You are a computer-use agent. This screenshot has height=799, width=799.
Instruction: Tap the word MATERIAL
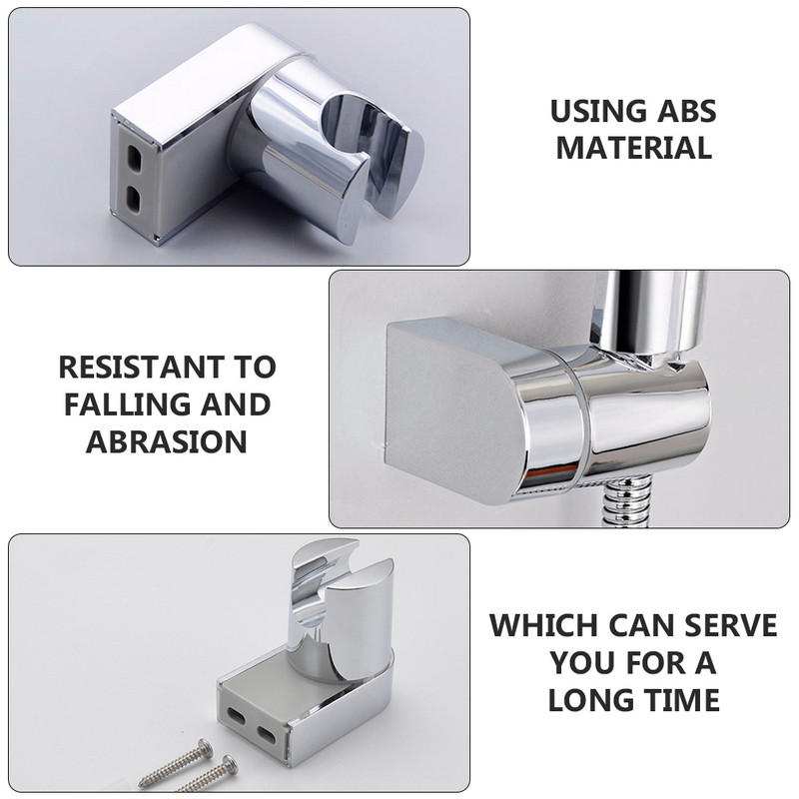click(x=634, y=148)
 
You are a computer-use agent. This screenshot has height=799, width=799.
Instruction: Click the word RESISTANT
click(x=142, y=367)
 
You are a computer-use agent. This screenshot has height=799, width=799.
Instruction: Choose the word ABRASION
click(x=167, y=441)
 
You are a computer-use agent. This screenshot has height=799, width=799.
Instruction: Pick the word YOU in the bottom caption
click(x=582, y=662)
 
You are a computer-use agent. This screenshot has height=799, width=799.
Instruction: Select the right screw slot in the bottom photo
click(x=267, y=734)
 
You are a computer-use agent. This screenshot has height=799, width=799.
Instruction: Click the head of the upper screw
click(x=206, y=747)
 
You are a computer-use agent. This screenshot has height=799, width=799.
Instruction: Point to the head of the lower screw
click(x=230, y=764)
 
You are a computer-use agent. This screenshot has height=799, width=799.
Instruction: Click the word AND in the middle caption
click(x=236, y=404)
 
